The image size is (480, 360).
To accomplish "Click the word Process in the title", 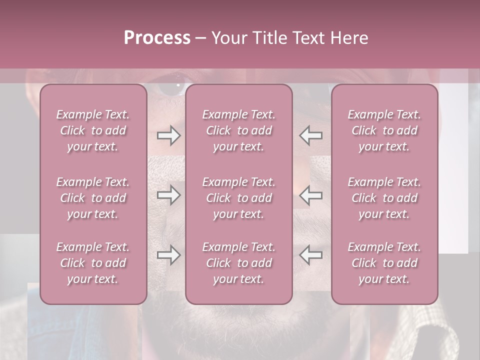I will [157, 38].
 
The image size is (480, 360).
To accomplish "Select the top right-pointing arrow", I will [168, 135].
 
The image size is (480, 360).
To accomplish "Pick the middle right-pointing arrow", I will [168, 195].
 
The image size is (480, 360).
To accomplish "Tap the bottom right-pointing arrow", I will [168, 255].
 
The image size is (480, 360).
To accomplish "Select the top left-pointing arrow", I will [310, 135].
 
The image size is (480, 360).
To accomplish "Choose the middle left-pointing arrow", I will [310, 195].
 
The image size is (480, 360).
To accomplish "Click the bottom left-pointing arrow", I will [310, 255].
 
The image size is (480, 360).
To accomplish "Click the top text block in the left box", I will [93, 130].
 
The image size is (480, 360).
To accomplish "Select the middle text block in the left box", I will [93, 198].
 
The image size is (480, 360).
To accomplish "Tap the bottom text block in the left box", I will [93, 263].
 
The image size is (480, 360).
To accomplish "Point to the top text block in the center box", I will [238, 130].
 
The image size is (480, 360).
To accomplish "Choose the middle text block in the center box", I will [238, 198].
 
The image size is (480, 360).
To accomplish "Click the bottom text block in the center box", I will [238, 263].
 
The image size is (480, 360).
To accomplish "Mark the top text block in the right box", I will [384, 130].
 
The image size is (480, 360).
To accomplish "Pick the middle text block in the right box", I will [384, 198].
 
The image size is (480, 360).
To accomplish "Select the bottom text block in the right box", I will [384, 263].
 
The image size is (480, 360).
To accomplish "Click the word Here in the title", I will [349, 38].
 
